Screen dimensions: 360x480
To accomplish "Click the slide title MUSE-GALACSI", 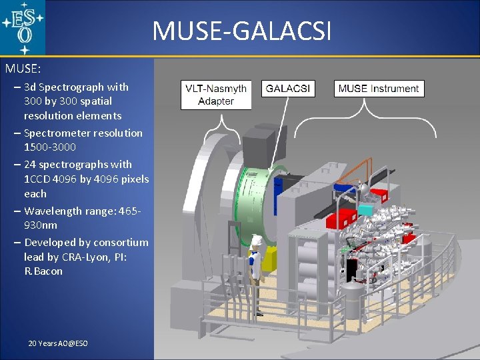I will (x=241, y=31).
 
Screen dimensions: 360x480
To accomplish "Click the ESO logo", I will (x=23, y=27).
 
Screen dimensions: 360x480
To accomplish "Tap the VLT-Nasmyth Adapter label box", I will (x=216, y=95).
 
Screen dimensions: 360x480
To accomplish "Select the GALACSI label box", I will (x=287, y=89).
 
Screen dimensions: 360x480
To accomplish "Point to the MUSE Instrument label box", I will (x=379, y=89).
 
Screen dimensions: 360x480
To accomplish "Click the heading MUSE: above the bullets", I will (x=23, y=68).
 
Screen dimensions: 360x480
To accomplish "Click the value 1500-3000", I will (x=50, y=147).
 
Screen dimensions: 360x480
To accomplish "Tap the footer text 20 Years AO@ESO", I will (x=58, y=343).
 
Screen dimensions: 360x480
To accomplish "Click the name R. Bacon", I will (x=43, y=271).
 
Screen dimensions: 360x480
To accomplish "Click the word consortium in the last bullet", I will (x=121, y=242).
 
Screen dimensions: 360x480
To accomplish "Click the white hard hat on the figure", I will (x=254, y=238).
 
